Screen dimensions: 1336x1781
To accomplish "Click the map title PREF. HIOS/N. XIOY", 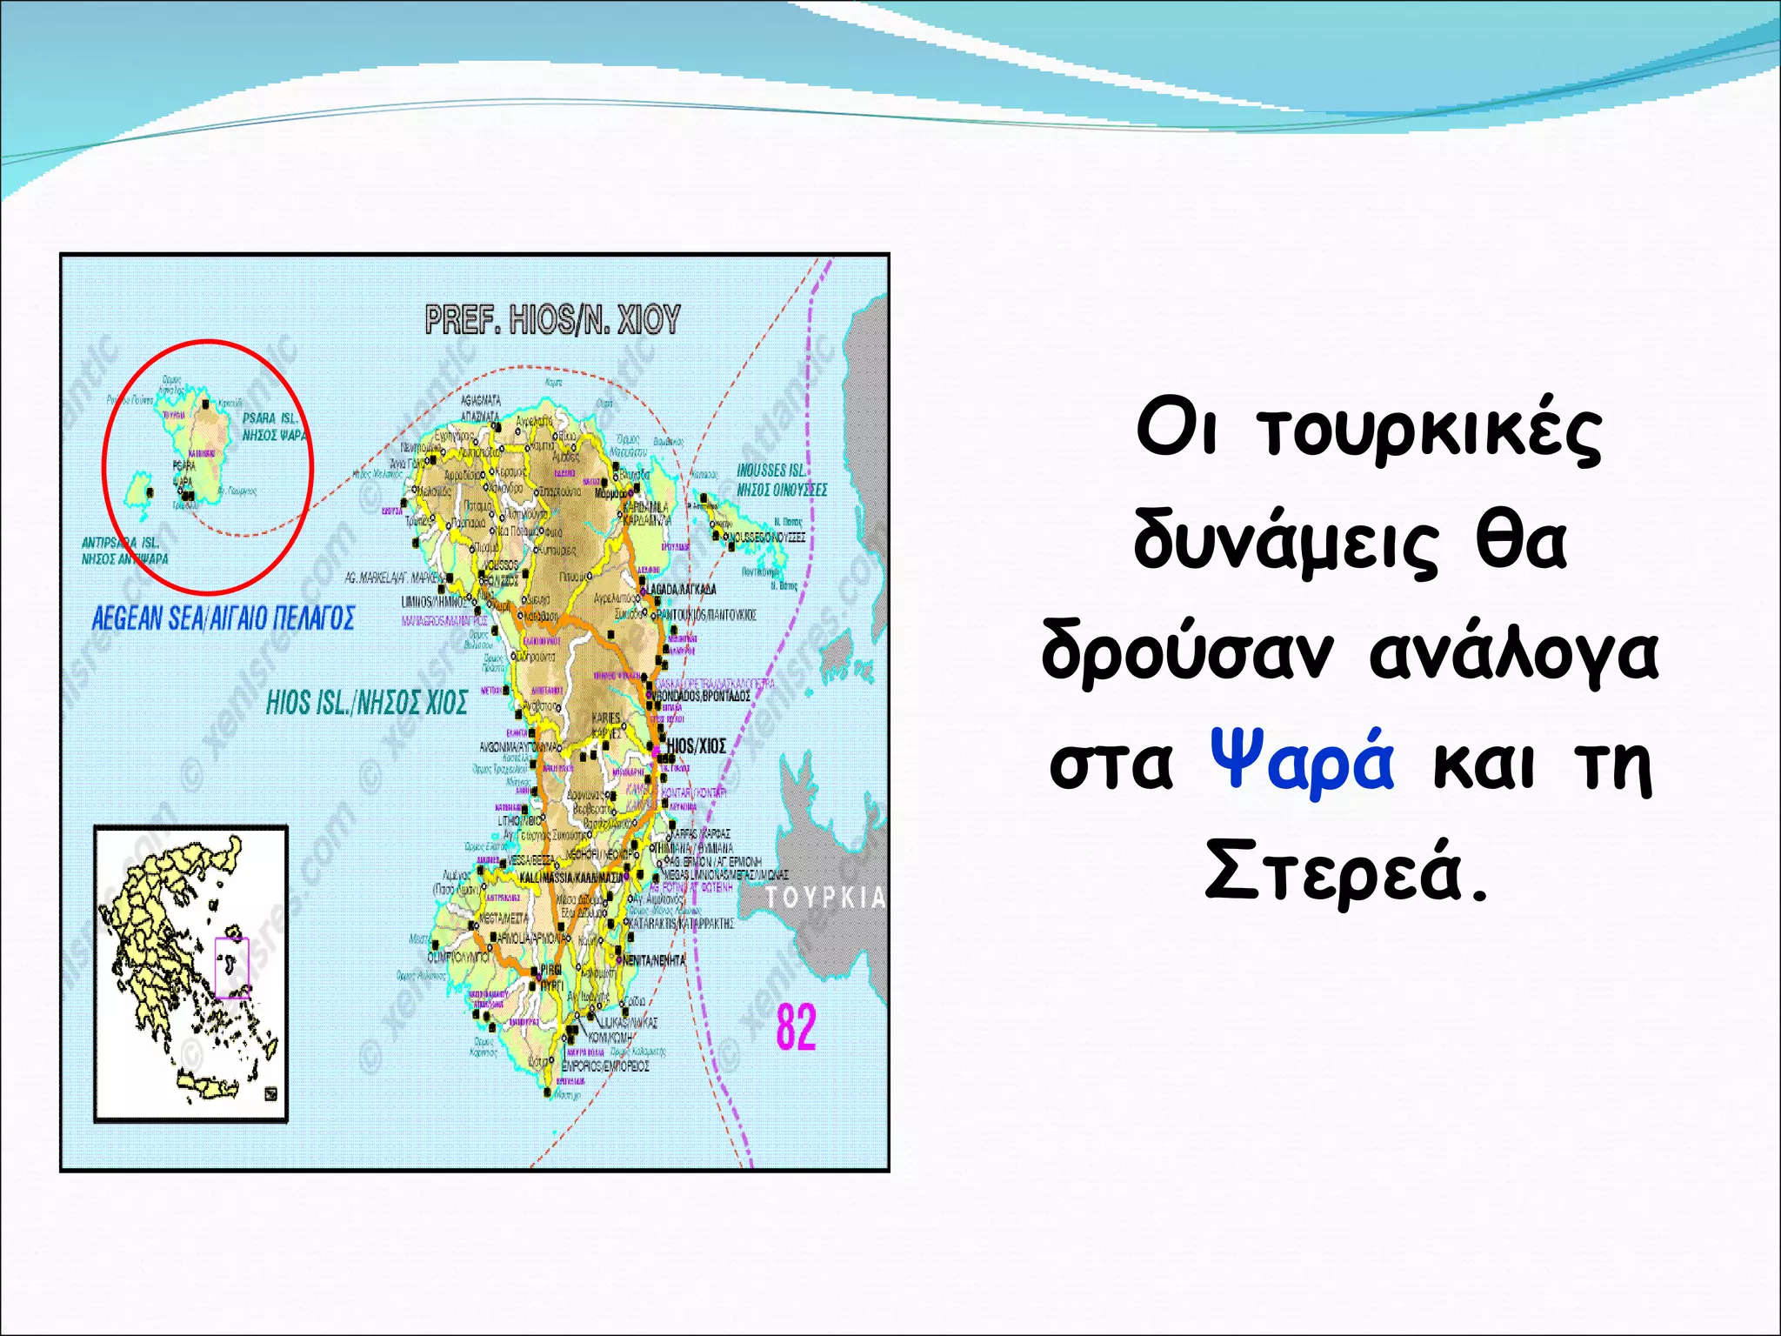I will click(552, 320).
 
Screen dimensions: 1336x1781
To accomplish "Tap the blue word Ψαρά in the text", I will click(1302, 760).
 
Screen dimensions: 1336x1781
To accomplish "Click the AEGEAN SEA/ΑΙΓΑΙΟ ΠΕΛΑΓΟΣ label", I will click(223, 618).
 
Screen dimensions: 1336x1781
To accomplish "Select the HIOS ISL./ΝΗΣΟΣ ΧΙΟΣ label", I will click(366, 703).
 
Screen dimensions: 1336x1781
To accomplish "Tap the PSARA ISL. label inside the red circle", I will click(270, 418).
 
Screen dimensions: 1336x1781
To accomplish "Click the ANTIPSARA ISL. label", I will click(120, 543).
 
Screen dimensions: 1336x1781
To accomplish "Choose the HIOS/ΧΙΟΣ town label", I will click(696, 746).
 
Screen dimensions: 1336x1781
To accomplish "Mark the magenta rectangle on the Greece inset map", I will click(231, 967).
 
